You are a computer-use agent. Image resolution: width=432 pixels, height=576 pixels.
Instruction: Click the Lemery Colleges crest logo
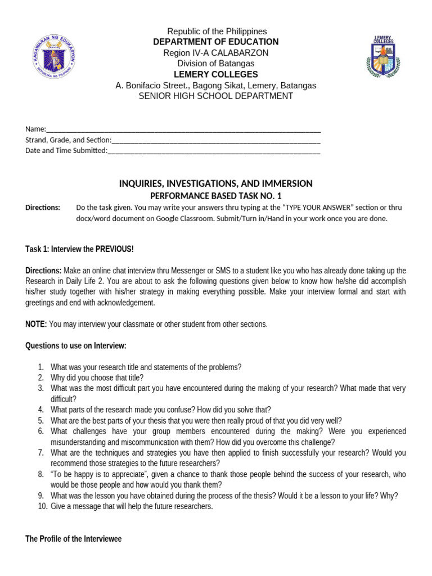384,57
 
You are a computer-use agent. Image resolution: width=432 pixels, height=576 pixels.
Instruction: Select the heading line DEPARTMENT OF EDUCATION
216,42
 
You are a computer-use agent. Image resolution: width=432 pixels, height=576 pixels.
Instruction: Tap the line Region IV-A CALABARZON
216,53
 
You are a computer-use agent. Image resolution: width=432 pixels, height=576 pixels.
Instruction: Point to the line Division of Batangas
216,64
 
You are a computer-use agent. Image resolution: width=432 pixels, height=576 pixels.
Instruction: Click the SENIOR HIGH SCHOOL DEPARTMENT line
216,96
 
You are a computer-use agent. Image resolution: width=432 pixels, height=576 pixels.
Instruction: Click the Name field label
35,129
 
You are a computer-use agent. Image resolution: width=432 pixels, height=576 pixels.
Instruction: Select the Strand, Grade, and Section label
68,139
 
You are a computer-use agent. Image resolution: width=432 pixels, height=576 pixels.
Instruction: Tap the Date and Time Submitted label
66,150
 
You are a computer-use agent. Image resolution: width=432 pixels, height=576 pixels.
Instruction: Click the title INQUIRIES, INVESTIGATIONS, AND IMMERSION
216,184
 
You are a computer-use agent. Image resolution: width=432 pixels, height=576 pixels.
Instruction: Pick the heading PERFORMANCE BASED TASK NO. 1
216,196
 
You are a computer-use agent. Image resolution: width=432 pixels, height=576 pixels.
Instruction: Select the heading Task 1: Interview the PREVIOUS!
79,249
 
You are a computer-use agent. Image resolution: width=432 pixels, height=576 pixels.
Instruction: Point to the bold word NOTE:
36,324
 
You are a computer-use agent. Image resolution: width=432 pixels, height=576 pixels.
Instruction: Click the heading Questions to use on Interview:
76,345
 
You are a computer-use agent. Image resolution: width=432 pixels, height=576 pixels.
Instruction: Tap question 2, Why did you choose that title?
97,378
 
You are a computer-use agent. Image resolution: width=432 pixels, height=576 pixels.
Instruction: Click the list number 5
41,421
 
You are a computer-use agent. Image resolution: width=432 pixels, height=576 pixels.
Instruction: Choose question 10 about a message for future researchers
132,506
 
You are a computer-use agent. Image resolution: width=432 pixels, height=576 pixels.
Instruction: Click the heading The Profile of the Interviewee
73,539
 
